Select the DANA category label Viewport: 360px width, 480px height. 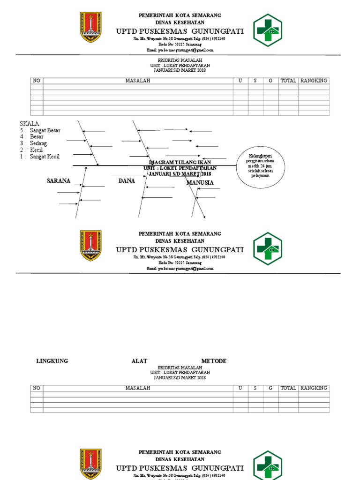[x=127, y=180]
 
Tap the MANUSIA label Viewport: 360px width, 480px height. [x=200, y=182]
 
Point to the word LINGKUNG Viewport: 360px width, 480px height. [x=52, y=361]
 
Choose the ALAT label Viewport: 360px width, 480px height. [x=139, y=361]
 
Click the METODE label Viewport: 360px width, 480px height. [x=214, y=361]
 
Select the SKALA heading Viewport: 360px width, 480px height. [x=29, y=123]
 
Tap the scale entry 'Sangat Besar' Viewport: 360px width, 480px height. [x=45, y=130]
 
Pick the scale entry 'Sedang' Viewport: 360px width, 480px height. [x=38, y=143]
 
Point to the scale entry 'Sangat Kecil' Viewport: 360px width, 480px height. [x=45, y=157]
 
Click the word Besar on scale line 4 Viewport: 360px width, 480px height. [x=37, y=137]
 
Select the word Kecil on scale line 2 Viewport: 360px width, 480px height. [x=36, y=150]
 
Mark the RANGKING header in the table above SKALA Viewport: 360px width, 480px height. [x=314, y=81]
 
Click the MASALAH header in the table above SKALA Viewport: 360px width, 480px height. [x=138, y=81]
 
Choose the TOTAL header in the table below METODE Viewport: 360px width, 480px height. [x=288, y=388]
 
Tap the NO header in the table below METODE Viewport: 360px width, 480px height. [x=37, y=388]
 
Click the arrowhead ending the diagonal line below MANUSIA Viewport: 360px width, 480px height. [x=204, y=217]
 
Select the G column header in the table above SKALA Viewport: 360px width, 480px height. [x=270, y=81]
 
